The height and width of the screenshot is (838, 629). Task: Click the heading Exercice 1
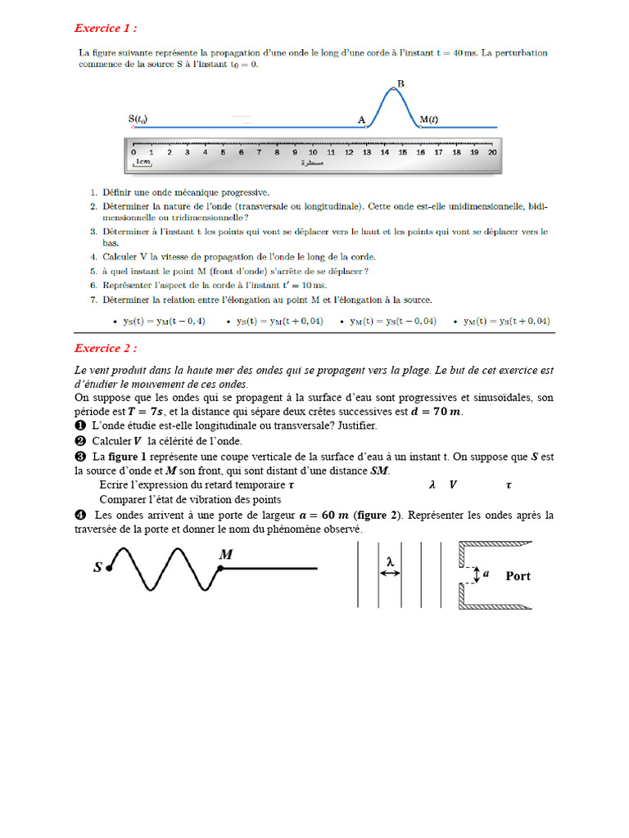coord(106,29)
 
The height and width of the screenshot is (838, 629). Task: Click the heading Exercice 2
coord(106,348)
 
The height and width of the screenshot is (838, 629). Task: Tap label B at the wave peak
coord(400,83)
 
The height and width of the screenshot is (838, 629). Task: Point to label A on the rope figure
coord(362,119)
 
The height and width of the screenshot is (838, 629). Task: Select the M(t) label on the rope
coord(428,119)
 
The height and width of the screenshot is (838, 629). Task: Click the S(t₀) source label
coord(138,119)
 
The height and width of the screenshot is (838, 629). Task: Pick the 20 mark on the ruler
coord(491,151)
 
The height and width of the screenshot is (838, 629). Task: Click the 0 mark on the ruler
coord(133,151)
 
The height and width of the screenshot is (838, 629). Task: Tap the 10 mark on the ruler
coord(313,151)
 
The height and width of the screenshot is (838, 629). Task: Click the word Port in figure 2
coord(518,576)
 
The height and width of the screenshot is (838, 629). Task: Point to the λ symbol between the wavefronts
coord(390,561)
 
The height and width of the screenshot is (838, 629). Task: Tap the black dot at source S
coord(109,566)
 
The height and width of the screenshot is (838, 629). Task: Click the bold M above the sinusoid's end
coord(226,555)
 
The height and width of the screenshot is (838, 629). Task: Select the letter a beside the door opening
coord(486,574)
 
